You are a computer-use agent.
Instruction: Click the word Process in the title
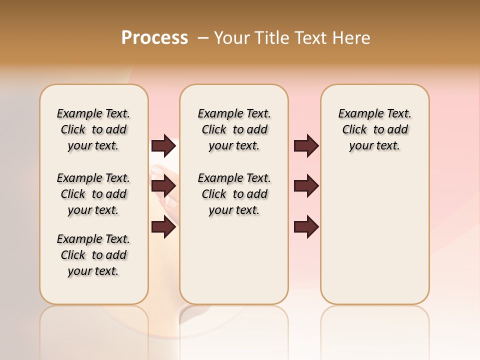point(154,38)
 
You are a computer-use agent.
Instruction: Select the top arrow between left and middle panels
point(163,145)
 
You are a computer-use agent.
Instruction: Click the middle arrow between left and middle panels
point(163,186)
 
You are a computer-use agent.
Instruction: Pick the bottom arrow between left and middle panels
point(163,227)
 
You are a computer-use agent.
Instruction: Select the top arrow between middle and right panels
point(306,145)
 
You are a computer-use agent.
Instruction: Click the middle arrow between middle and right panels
point(306,186)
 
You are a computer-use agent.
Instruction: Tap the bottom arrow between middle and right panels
point(306,227)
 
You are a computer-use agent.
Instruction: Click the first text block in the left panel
point(93,129)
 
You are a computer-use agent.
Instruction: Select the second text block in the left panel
point(93,194)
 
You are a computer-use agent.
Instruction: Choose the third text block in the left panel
point(93,255)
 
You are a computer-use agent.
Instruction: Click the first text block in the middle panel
point(234,129)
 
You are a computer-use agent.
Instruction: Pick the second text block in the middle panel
point(234,194)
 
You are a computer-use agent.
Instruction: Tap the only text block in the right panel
point(374,129)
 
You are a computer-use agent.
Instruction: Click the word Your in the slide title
point(231,38)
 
